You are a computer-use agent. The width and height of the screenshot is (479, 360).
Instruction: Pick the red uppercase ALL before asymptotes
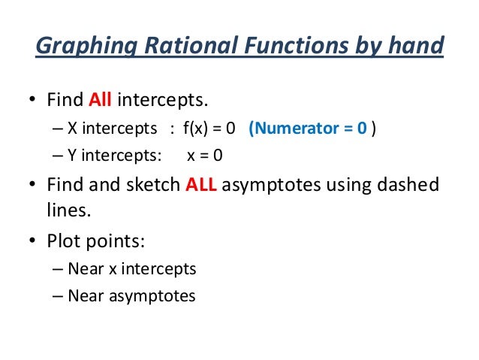click(x=200, y=186)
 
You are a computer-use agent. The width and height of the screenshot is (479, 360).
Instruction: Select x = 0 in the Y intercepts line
click(x=203, y=156)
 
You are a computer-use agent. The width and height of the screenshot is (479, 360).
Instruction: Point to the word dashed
click(x=410, y=186)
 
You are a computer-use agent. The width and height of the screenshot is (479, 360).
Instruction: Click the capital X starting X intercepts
click(x=72, y=128)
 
